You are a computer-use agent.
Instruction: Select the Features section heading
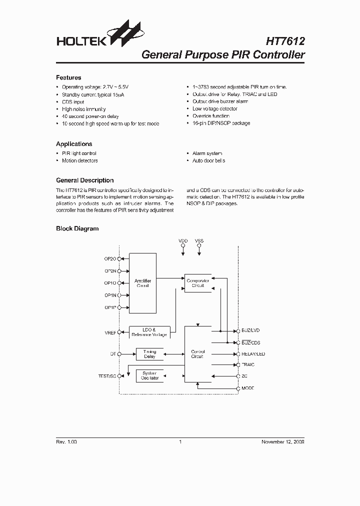(68, 77)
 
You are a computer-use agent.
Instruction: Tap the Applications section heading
(74, 144)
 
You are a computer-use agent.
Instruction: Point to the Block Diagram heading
(77, 228)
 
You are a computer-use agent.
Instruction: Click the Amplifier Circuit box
(142, 283)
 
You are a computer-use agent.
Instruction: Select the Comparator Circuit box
(197, 283)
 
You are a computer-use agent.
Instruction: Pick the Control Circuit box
(197, 354)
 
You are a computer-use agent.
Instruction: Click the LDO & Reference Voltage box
(149, 332)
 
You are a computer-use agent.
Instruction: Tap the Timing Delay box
(149, 354)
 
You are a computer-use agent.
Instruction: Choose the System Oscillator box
(149, 375)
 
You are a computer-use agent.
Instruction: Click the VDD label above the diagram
(183, 241)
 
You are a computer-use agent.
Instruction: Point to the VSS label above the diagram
(199, 241)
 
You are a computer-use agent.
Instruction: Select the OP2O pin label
(110, 258)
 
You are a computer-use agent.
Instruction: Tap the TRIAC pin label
(248, 365)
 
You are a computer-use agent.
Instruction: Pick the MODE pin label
(248, 388)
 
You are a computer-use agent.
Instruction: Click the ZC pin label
(244, 376)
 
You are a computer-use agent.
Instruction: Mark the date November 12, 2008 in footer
(283, 442)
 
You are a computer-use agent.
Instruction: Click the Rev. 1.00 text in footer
(66, 442)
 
